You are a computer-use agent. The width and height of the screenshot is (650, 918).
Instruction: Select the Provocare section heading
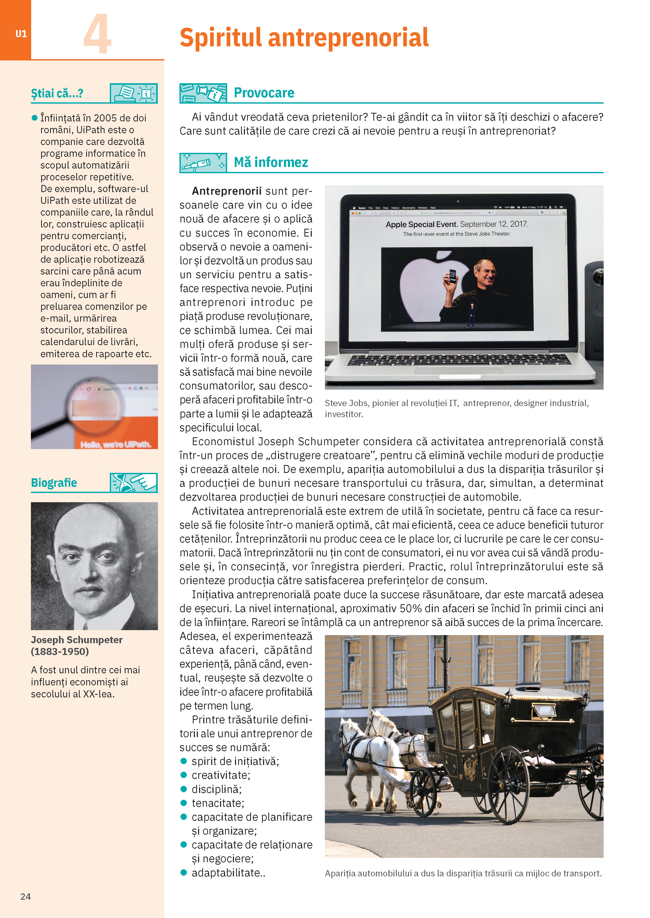pos(264,93)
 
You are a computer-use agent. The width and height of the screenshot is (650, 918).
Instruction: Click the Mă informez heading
pos(271,162)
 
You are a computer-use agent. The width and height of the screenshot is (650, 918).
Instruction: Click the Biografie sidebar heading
pos(54,483)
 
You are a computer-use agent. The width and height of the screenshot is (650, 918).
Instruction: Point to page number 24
pos(26,896)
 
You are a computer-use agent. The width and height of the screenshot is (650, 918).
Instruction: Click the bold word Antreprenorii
pos(227,191)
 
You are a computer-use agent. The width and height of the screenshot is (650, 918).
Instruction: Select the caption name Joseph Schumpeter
pos(77,640)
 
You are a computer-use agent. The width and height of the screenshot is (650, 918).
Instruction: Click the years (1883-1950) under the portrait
pos(60,651)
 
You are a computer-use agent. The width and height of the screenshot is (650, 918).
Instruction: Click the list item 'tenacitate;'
pos(218,803)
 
